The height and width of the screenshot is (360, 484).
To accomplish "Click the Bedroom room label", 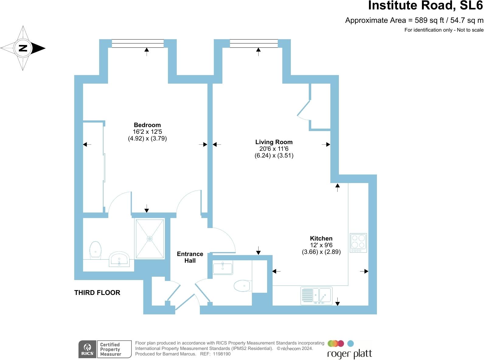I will coord(147,125).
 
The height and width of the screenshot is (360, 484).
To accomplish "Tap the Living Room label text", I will coord(274,142).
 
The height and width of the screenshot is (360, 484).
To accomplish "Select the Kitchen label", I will coord(321,238).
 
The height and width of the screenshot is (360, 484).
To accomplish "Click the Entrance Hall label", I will coord(190,257).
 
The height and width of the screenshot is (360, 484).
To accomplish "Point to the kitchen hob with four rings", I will coord(358,243).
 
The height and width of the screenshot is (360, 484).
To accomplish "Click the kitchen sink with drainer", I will coord(316,296).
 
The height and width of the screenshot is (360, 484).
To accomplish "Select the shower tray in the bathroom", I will coord(150,239).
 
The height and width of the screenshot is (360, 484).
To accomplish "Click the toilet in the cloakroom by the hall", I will coord(242,286).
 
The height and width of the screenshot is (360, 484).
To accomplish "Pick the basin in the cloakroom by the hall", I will coord(223,268).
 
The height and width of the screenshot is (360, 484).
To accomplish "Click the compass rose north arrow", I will coord(23,48).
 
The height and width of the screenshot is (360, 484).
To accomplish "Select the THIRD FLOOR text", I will coord(97,292).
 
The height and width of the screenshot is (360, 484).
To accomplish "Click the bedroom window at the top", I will coord(138,43).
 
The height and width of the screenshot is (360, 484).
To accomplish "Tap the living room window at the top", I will coord(254,43).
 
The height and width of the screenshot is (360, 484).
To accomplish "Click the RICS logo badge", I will coord(87,349).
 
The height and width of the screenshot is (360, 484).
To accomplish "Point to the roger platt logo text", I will coord(350,354).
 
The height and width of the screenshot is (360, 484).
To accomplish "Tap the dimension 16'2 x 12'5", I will coord(147,132).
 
